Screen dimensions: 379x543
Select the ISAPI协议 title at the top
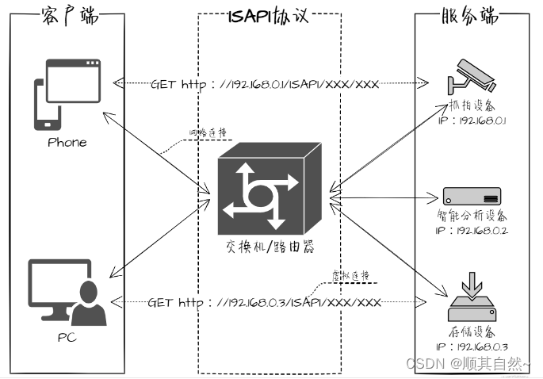(270, 16)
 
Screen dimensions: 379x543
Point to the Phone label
(67, 143)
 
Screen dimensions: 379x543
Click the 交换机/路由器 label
(270, 247)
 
